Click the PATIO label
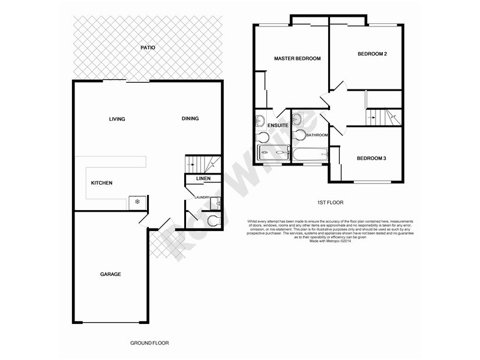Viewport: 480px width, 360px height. pos(148,47)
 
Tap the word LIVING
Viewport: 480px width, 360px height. pos(117,119)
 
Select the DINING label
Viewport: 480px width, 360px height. pos(190,119)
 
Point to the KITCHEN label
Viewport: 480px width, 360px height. pos(101,183)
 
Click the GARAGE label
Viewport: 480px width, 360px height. pos(110,274)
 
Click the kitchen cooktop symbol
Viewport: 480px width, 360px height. pos(137,202)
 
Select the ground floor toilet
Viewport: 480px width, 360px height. pos(211,221)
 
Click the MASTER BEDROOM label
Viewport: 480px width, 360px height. pos(297,59)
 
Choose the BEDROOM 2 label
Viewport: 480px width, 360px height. pos(372,55)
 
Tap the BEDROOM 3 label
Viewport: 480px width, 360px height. pos(371,158)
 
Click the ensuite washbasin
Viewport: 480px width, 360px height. pos(260,121)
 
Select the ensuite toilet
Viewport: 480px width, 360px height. pos(262,137)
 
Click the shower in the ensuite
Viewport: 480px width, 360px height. pos(272,153)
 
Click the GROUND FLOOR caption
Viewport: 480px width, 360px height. pos(149,343)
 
